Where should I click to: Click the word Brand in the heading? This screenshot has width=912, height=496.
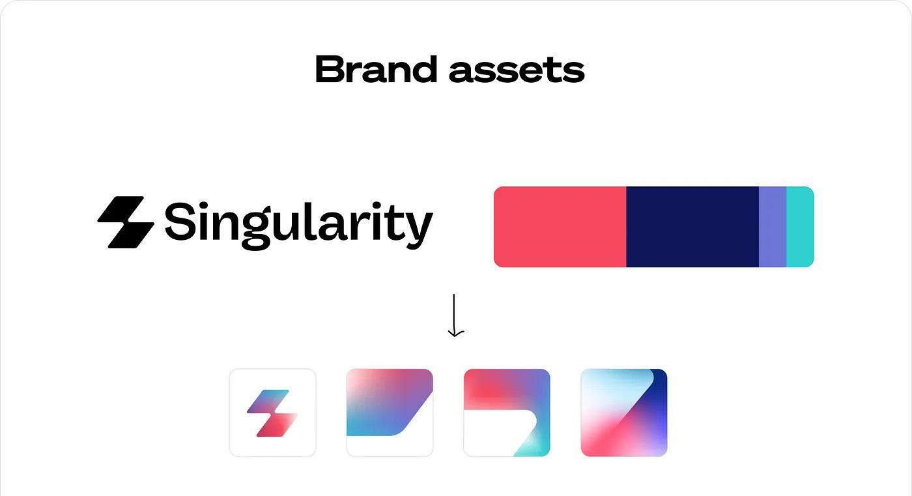[377, 69]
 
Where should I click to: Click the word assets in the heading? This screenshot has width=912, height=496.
[517, 70]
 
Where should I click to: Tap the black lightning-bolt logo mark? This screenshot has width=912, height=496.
[126, 222]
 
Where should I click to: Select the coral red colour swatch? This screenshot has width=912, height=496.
[560, 227]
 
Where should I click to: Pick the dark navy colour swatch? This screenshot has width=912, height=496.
[692, 227]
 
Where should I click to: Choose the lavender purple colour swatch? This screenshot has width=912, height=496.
[773, 227]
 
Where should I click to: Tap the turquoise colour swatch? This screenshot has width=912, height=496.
[800, 227]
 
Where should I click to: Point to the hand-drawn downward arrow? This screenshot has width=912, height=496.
[455, 315]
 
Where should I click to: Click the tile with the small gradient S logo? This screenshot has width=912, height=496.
[272, 413]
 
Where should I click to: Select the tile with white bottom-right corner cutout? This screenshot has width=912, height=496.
[390, 413]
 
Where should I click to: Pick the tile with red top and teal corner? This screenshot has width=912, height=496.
[507, 413]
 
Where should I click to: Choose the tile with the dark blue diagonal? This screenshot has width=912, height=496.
[624, 413]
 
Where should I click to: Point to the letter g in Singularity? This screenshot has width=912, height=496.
[256, 230]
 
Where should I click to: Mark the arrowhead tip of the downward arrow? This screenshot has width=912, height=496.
[455, 337]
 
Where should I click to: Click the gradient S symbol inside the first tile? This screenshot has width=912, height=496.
[272, 413]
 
